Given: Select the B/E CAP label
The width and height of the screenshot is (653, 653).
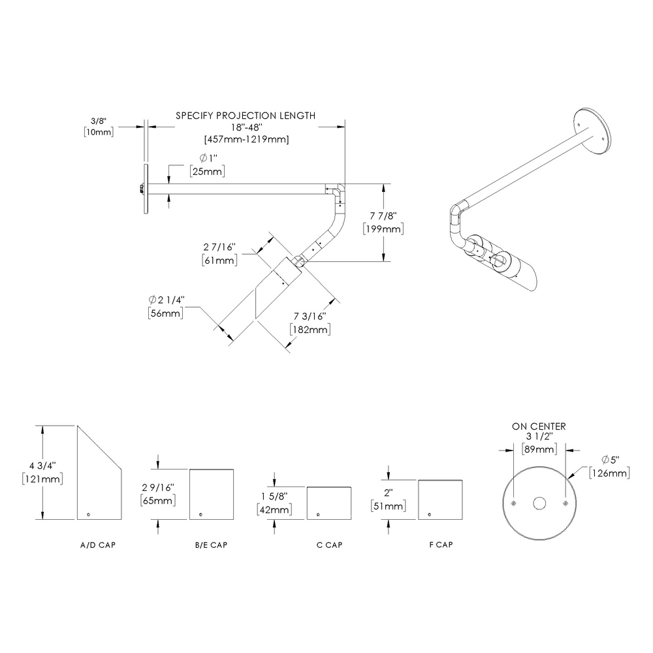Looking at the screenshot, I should [210, 545].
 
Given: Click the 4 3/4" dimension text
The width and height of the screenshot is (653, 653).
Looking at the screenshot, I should [43, 465].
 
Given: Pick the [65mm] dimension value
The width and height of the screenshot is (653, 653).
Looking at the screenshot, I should [157, 501].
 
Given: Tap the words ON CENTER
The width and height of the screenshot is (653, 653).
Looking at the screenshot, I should [539, 426].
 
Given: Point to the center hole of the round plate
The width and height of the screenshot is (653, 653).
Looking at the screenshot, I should [539, 503].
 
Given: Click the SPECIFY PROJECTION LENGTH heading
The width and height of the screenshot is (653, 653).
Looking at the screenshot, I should [246, 116].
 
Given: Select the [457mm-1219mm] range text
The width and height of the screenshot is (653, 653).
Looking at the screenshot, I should [246, 139].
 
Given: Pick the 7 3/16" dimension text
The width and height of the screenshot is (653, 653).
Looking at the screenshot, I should [308, 317].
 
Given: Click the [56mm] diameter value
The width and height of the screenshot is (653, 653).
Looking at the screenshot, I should [166, 312].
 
